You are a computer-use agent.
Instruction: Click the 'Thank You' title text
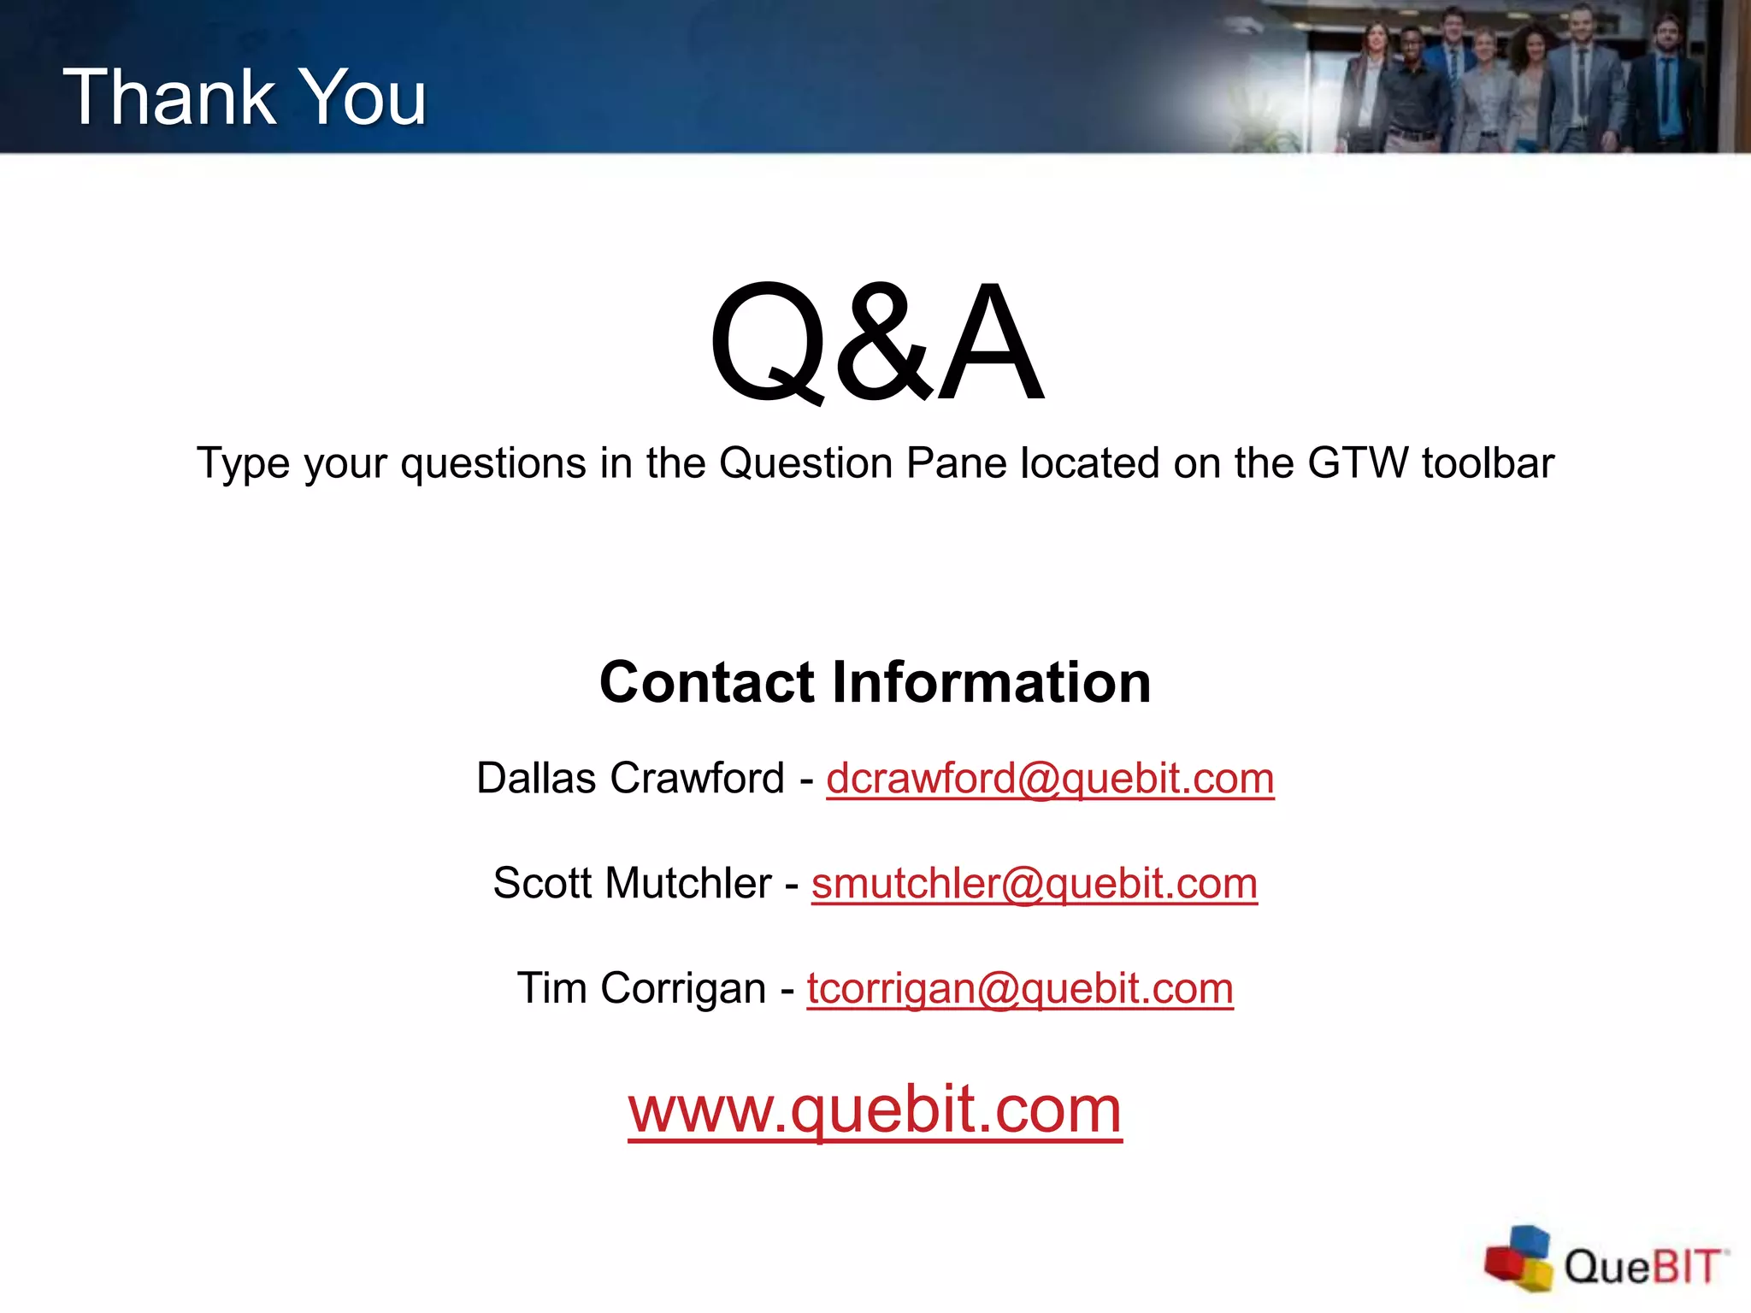[245, 97]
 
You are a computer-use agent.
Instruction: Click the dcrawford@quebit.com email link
[1050, 779]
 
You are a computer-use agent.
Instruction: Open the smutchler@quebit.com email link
[1035, 884]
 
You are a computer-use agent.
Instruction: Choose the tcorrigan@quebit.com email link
[1020, 989]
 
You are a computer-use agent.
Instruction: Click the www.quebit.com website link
[875, 1110]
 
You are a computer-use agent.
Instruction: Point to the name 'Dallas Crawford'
[630, 779]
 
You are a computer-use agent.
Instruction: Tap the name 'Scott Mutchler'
[632, 884]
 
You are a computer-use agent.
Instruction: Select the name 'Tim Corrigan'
[641, 989]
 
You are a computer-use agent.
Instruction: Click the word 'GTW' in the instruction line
[1358, 463]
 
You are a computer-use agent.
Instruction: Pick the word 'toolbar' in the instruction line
[1488, 463]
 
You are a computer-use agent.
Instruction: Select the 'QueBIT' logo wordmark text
[1642, 1266]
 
